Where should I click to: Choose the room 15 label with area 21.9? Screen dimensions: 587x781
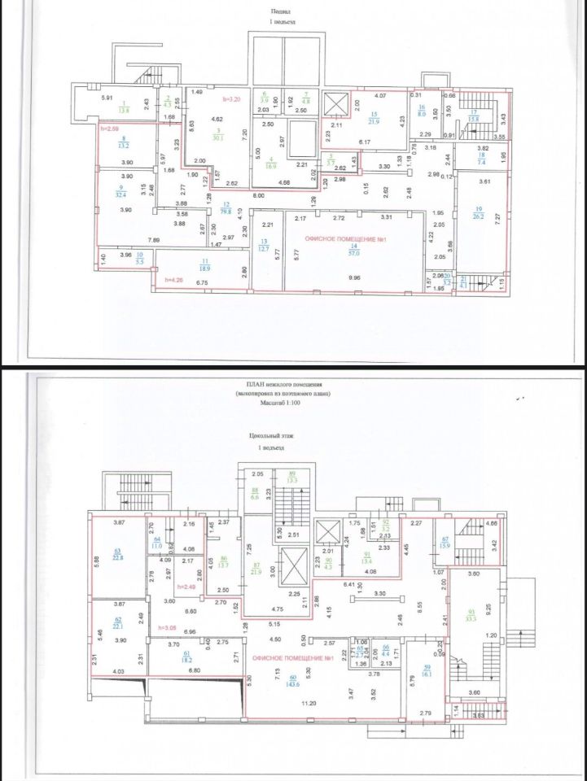(374, 118)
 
